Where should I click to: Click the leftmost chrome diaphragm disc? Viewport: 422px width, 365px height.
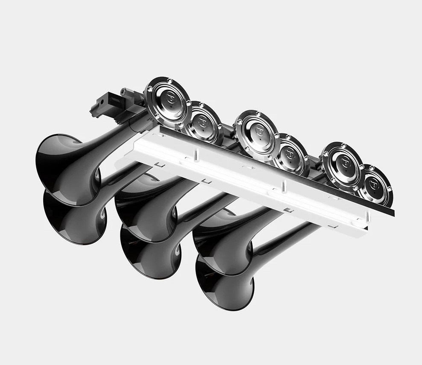click(167, 102)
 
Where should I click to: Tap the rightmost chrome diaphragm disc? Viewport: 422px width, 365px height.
click(374, 185)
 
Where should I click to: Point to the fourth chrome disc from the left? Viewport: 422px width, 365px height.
click(290, 154)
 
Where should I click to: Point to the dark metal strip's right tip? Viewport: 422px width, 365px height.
click(393, 213)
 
